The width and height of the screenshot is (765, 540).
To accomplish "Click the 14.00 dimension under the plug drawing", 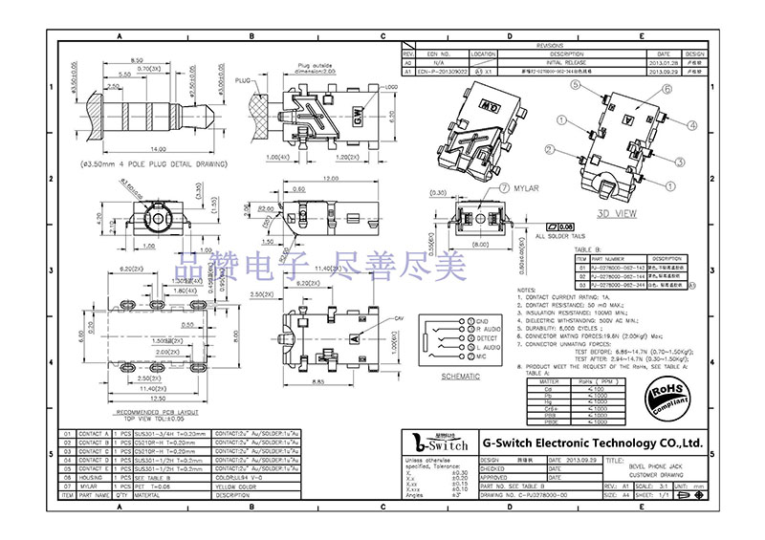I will pyautogui.click(x=159, y=149).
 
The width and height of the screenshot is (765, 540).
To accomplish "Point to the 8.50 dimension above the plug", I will pyautogui.click(x=137, y=60).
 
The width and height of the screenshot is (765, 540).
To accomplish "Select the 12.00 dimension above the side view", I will pyautogui.click(x=330, y=180).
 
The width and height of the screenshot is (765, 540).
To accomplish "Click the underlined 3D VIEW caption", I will pyautogui.click(x=616, y=214).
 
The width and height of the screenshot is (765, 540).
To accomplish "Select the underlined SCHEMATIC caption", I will pyautogui.click(x=460, y=377).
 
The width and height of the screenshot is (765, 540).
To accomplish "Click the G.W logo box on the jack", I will pyautogui.click(x=359, y=119).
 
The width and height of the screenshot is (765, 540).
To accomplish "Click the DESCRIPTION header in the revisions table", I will pyautogui.click(x=567, y=54).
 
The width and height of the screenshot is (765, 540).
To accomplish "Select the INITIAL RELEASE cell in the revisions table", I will pyautogui.click(x=567, y=63).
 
